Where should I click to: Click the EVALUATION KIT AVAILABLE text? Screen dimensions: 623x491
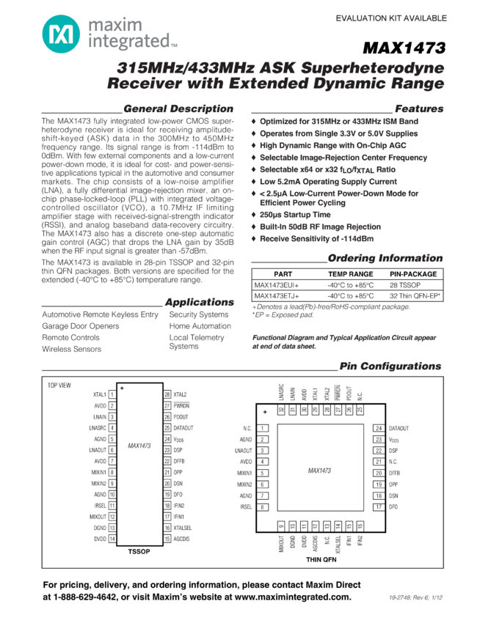coord(390,18)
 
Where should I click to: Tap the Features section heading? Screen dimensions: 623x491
coord(419,108)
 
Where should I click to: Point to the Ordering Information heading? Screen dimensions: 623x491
coord(385,258)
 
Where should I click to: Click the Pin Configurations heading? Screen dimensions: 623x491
coord(390,366)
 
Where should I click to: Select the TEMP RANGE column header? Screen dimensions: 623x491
coord(350,274)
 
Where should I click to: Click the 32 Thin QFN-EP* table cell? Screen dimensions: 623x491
coord(415,296)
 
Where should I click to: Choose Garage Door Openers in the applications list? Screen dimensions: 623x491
coord(80,326)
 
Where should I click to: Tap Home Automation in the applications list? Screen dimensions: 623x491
coord(200,326)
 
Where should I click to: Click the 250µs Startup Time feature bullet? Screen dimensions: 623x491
coord(295,215)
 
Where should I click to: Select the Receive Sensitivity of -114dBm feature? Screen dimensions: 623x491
coord(316,239)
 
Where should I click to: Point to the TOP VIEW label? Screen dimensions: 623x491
coord(59,385)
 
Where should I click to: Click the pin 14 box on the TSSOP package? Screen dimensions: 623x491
coord(112,539)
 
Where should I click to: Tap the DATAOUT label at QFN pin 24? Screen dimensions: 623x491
coord(399,428)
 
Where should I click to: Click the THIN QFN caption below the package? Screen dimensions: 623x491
coord(321,559)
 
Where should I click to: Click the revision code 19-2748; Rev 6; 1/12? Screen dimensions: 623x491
coord(416,598)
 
